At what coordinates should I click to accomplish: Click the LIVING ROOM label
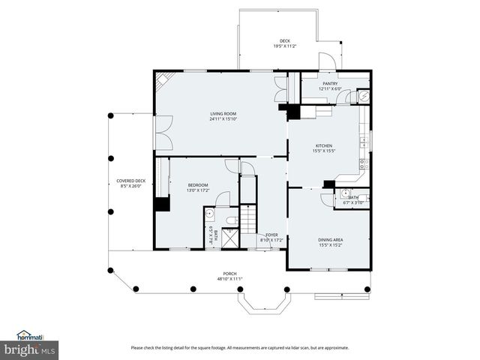pos(223,114)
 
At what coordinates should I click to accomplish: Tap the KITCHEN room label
pos(323,145)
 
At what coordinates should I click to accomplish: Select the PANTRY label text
pos(330,84)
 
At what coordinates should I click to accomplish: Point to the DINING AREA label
pos(330,239)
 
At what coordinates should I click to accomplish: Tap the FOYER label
pos(271,235)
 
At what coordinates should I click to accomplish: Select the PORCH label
pos(229,274)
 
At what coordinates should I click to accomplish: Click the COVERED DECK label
pos(128,180)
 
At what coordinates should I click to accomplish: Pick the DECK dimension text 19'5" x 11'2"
pos(284,46)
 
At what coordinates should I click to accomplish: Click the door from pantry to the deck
pos(327,62)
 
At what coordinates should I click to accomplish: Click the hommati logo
pos(30,335)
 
